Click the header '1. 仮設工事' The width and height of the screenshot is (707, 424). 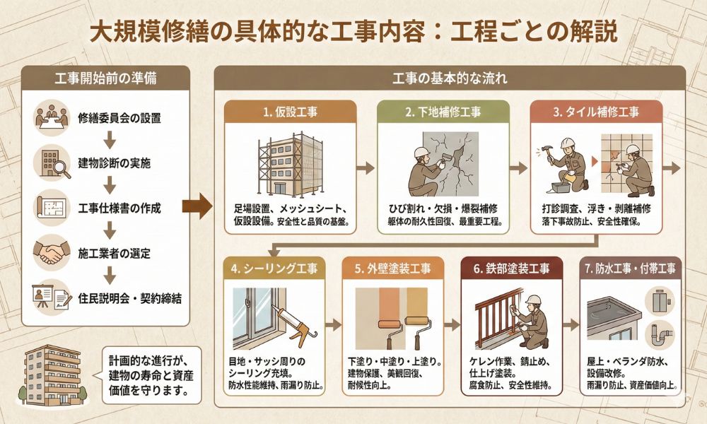pyautogui.click(x=291, y=112)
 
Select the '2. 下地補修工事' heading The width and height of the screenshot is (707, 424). pyautogui.click(x=443, y=112)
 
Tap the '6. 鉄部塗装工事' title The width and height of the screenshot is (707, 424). pyautogui.click(x=511, y=269)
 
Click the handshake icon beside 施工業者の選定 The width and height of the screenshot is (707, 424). pyautogui.click(x=52, y=252)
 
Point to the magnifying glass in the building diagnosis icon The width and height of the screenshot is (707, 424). pyautogui.click(x=62, y=169)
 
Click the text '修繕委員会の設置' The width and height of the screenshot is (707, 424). pyautogui.click(x=119, y=118)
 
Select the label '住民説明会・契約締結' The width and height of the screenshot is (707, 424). pyautogui.click(x=130, y=298)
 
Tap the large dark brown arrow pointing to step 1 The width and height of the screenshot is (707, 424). pyautogui.click(x=197, y=207)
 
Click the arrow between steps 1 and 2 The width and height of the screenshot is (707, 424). pyautogui.click(x=366, y=168)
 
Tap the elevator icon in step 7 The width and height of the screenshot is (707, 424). pyautogui.click(x=660, y=300)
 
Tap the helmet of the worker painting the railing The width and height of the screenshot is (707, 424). pyautogui.click(x=533, y=300)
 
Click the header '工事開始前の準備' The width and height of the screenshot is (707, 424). pyautogui.click(x=105, y=78)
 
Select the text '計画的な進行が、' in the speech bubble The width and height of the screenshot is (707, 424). pyautogui.click(x=148, y=361)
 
